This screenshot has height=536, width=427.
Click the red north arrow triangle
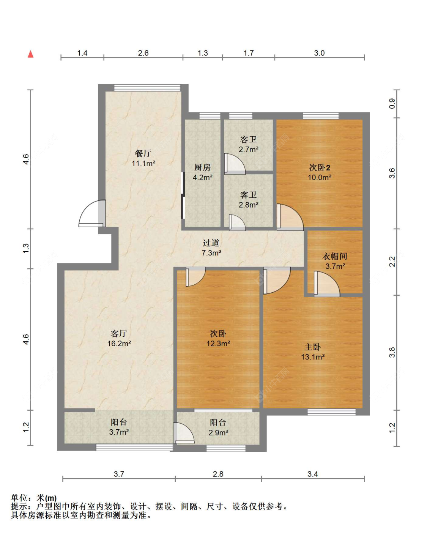click(x=31, y=54)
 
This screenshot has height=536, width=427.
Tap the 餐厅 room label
click(x=143, y=153)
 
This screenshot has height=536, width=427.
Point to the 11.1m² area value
click(x=143, y=164)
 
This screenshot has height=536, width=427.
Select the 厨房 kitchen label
click(x=202, y=167)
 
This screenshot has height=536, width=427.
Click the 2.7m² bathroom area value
click(x=248, y=150)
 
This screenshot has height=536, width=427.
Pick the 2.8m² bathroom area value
click(x=248, y=205)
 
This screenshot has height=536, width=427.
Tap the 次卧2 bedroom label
click(x=319, y=167)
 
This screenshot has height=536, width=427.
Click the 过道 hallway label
click(x=211, y=243)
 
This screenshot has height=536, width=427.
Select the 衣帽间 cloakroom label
click(x=335, y=256)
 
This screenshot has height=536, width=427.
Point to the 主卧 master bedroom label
click(x=312, y=347)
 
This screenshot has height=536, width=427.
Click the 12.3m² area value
click(x=218, y=344)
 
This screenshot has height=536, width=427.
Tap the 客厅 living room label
click(x=119, y=334)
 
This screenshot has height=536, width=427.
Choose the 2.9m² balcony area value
click(x=218, y=433)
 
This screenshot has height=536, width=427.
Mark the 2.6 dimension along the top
click(x=143, y=53)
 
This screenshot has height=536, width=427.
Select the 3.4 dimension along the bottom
click(x=312, y=474)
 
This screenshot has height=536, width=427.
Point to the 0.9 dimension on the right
click(x=392, y=103)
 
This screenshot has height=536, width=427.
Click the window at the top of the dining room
click(x=147, y=88)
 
